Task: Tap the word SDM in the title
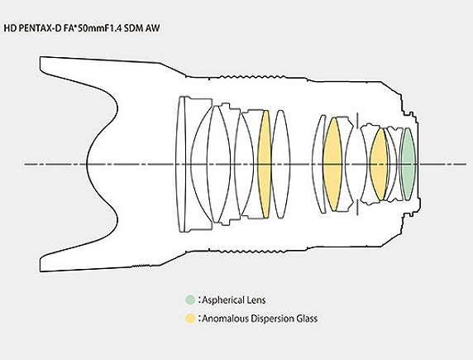(134, 28)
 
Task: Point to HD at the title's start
(10, 28)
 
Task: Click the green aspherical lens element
(408, 164)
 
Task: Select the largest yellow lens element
(332, 164)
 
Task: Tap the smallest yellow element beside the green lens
(379, 164)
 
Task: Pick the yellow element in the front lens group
(265, 164)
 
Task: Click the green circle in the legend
(190, 300)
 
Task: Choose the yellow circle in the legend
(190, 319)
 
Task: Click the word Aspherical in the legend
(222, 300)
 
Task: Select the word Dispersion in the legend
(273, 319)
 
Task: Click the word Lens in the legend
(256, 300)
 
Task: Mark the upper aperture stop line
(357, 121)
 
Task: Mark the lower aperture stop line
(357, 207)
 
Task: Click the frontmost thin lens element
(181, 164)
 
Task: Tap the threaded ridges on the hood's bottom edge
(141, 266)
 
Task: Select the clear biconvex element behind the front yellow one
(281, 164)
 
